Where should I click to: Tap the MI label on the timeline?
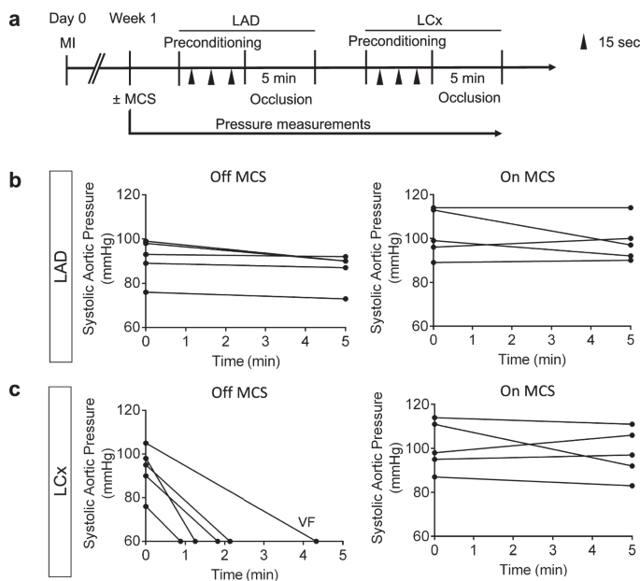click(x=67, y=43)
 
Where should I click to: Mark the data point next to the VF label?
click(x=316, y=541)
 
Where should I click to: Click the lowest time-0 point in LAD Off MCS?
click(x=145, y=292)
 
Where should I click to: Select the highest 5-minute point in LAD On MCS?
click(x=632, y=207)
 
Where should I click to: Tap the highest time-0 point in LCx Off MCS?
click(x=145, y=443)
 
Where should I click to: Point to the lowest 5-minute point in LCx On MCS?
click(x=632, y=486)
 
